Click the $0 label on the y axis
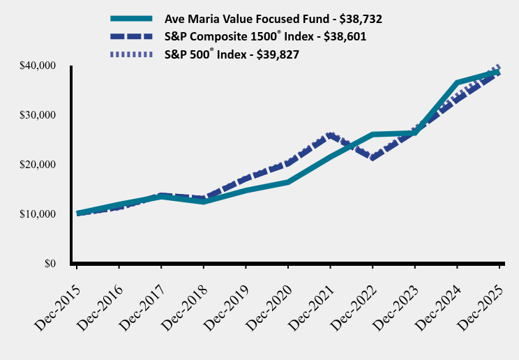point(48,264)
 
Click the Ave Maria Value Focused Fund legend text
point(273,19)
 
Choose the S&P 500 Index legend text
point(241,55)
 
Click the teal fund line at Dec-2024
point(457,82)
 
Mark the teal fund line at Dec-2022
point(373,134)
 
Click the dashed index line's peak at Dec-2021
point(330,135)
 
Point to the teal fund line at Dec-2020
point(287,182)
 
